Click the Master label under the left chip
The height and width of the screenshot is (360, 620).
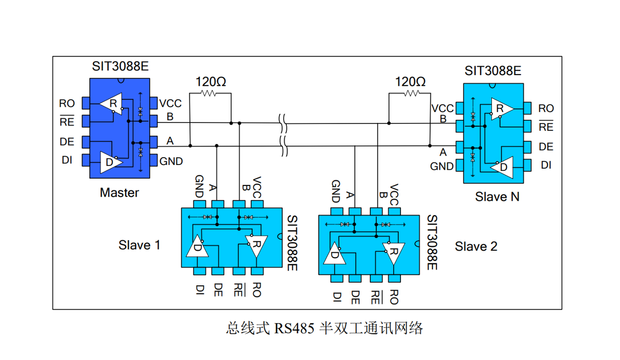click(119, 193)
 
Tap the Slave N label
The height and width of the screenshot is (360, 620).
click(498, 197)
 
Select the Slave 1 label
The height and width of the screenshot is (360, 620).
click(139, 245)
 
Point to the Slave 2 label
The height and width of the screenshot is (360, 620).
click(476, 246)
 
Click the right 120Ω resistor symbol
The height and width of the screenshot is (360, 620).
click(411, 94)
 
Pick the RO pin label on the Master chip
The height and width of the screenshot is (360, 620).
click(67, 104)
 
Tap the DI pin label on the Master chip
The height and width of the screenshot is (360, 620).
click(67, 160)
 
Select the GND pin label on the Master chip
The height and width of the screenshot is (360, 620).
click(171, 161)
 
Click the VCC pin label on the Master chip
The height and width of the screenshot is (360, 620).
click(170, 104)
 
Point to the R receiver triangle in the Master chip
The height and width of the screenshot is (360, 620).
click(112, 104)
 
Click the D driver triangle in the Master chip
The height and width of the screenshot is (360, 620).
click(110, 162)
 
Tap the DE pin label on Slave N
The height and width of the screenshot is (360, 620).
click(546, 147)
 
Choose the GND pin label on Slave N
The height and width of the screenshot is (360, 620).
click(442, 167)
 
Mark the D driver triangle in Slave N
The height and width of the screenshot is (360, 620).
click(502, 167)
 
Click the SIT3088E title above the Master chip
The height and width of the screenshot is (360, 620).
click(120, 67)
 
